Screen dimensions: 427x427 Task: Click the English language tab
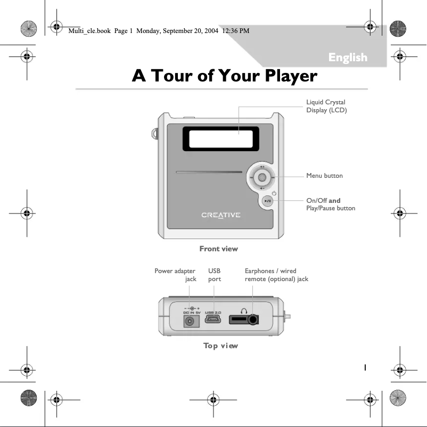point(348,58)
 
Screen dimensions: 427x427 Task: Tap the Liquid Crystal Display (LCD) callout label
point(326,106)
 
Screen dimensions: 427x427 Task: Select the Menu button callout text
point(324,176)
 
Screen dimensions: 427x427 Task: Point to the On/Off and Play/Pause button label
point(330,204)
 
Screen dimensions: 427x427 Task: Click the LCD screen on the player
point(220,138)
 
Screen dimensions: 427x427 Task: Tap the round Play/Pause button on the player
point(268,201)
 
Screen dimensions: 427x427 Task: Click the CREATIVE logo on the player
point(220,215)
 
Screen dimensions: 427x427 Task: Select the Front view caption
point(218,249)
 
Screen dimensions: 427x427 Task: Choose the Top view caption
point(220,346)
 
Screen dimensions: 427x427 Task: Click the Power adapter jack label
point(175,275)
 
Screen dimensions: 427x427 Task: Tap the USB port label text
point(214,275)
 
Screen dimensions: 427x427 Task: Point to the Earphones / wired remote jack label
point(276,275)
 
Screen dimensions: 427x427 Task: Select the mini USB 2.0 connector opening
point(213,321)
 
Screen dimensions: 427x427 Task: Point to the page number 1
point(365,367)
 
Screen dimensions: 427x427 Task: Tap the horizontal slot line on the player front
point(208,172)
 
